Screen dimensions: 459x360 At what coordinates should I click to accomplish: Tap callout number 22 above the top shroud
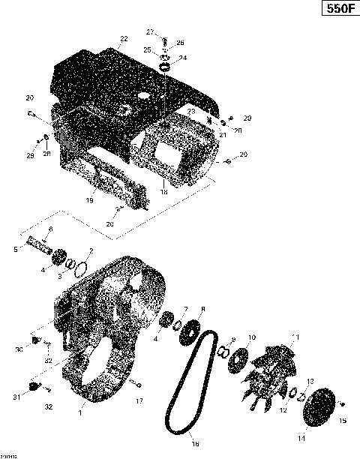pyautogui.click(x=124, y=38)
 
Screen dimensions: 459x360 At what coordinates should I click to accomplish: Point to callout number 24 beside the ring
pyautogui.click(x=183, y=58)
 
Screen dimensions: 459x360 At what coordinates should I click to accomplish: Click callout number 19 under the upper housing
pyautogui.click(x=89, y=202)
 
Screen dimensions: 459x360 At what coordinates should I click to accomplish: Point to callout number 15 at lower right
pyautogui.click(x=343, y=421)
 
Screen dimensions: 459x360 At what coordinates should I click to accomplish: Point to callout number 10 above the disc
pyautogui.click(x=252, y=337)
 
